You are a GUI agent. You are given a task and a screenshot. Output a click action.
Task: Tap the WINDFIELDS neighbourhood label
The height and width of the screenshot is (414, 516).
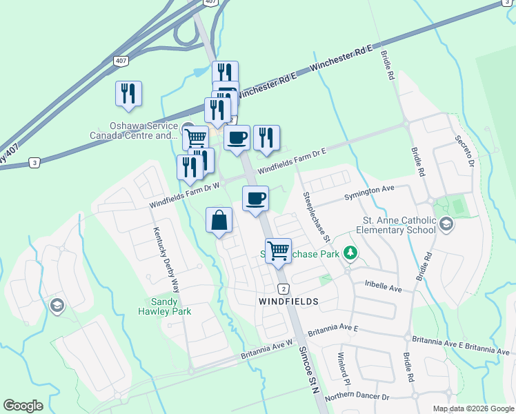point(288,302)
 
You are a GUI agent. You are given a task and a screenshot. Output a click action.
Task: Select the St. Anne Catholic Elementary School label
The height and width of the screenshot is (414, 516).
point(395,225)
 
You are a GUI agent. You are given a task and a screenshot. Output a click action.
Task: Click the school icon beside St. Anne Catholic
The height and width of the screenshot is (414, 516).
point(446,224)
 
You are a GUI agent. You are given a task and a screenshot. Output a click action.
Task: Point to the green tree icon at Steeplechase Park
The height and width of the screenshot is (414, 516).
point(351,253)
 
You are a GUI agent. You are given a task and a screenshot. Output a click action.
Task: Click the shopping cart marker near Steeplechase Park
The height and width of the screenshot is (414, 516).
point(278,250)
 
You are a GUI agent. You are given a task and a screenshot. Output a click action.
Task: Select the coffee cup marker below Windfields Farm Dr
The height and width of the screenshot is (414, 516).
point(255,199)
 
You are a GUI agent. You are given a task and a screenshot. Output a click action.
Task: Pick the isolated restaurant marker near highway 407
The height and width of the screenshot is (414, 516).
point(128,94)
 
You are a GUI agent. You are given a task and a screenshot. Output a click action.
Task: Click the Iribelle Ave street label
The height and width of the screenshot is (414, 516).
point(383,286)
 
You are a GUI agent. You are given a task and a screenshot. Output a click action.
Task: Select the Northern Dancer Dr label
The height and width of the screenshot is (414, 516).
point(357,396)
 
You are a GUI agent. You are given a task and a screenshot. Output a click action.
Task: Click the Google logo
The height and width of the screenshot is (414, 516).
point(23,406)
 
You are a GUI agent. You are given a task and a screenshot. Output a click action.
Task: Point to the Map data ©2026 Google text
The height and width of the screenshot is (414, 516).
point(473,408)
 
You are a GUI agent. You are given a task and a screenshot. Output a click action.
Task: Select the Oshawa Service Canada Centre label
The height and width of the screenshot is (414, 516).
point(134,130)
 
